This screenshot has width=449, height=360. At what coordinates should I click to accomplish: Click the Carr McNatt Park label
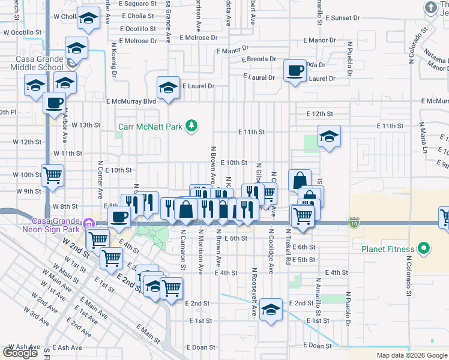point(150,126)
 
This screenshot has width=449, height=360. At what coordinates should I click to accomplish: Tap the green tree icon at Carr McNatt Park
point(191,126)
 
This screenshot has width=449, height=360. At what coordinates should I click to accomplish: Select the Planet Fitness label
point(387,249)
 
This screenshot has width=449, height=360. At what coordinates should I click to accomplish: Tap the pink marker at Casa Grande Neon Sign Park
point(89,223)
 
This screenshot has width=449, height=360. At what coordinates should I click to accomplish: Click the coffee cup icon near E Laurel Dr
point(295,71)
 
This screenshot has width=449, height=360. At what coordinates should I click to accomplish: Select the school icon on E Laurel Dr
point(168,88)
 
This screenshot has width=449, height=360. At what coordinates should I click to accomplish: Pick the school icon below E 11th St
point(329,137)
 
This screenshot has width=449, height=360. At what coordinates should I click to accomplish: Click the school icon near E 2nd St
point(271,310)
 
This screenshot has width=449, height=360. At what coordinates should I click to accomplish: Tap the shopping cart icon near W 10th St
point(52,175)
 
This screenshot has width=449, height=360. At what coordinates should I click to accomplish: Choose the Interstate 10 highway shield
point(353,223)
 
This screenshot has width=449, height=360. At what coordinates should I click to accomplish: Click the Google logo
point(20,353)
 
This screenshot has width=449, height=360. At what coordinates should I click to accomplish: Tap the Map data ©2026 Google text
point(411,355)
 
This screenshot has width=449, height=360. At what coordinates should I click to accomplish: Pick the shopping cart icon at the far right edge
point(445,218)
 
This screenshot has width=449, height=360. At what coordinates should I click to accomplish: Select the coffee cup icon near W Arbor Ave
point(54,102)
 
